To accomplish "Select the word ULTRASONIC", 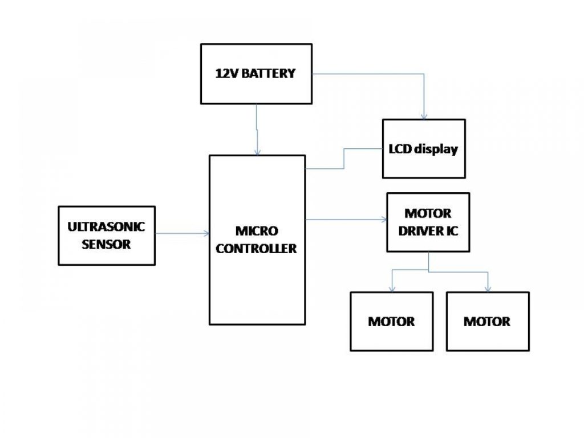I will tap(107, 226).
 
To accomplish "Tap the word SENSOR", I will tap(107, 245).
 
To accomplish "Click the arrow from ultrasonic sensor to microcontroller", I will tap(182, 233).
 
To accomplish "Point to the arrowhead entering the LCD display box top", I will tap(423, 116).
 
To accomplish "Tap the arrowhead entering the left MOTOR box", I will tap(391, 289).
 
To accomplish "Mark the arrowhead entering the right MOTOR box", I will tap(488, 289).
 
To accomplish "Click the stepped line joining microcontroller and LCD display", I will tap(343, 159).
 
